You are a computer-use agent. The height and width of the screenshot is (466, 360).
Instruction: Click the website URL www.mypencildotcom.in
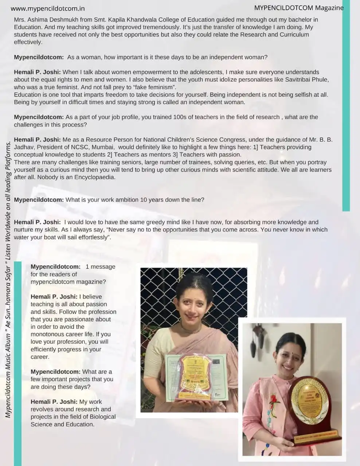(48, 8)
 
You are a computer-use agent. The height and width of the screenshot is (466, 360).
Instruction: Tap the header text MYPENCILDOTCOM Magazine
(299, 8)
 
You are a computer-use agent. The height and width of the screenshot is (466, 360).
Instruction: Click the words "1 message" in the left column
(101, 267)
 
